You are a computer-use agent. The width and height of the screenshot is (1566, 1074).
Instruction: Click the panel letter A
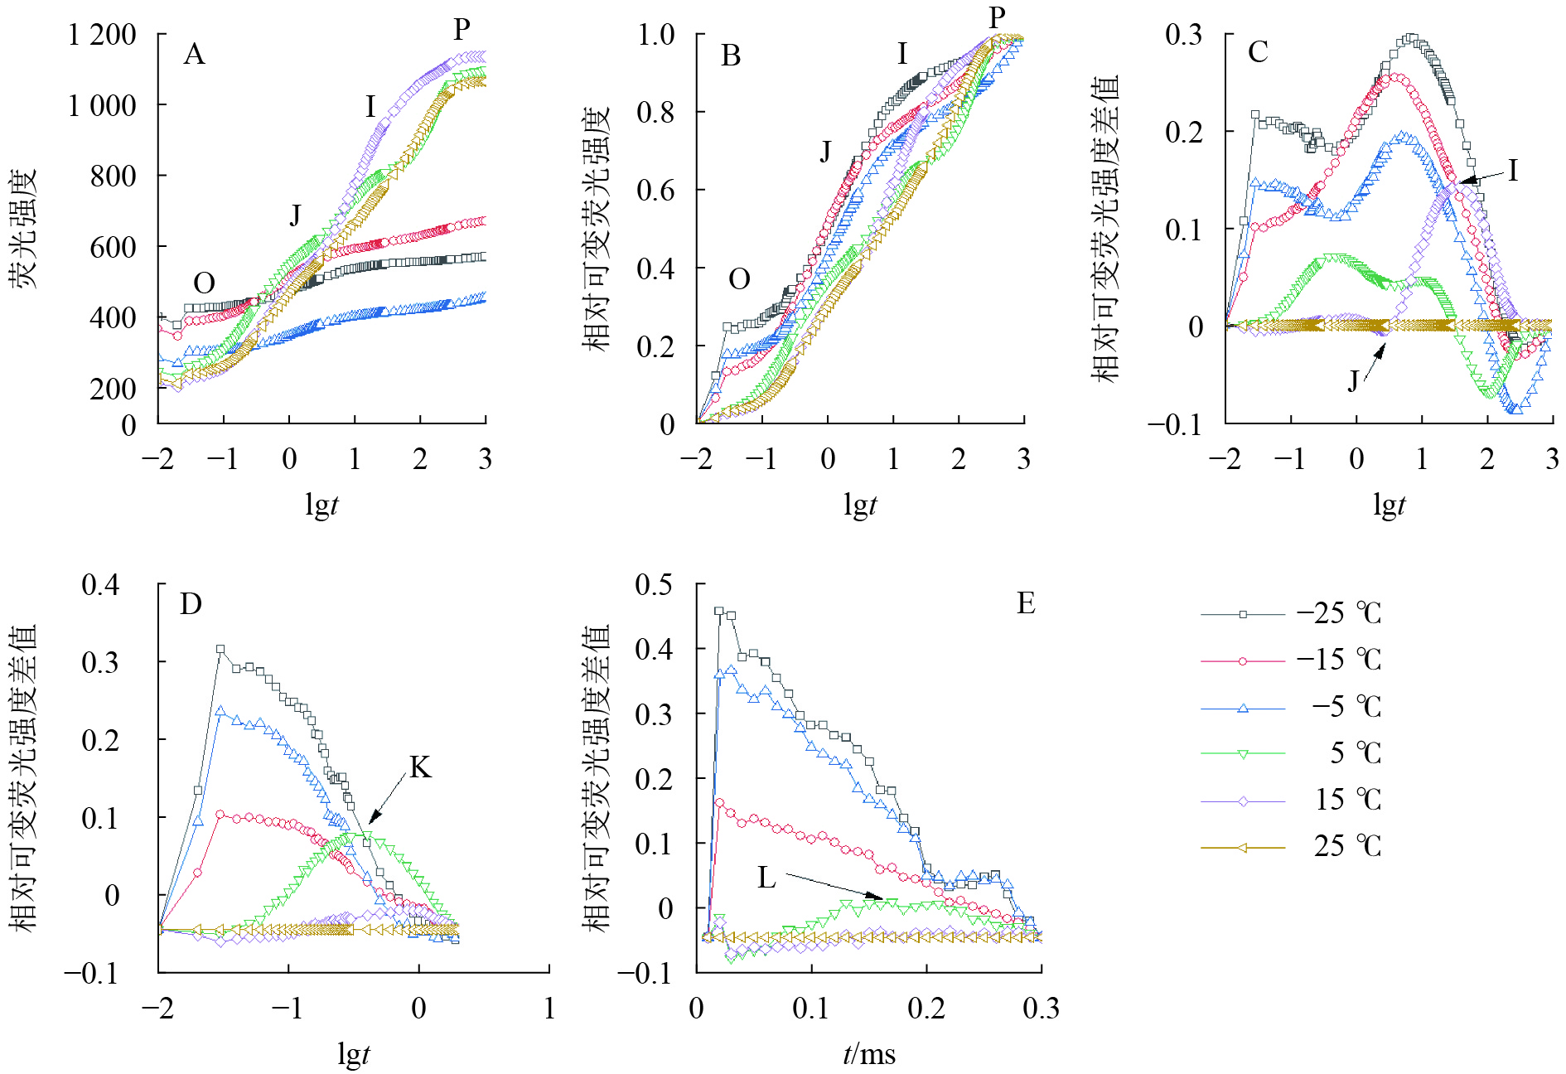(x=194, y=55)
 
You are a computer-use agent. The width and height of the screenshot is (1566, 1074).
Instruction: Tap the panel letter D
(x=191, y=604)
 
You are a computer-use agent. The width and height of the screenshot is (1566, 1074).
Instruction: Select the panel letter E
(x=1026, y=603)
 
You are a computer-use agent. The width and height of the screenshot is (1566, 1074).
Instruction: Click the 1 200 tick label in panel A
(x=102, y=35)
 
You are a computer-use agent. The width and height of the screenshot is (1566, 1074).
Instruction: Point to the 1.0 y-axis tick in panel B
(x=655, y=35)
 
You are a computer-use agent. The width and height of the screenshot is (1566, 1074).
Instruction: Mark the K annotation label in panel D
(x=420, y=768)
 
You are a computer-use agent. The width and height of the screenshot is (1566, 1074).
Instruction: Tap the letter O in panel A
(x=204, y=283)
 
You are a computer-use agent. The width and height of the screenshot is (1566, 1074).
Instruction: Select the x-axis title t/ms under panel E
(x=868, y=1054)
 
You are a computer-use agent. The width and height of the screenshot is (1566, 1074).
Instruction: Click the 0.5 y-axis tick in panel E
(x=654, y=585)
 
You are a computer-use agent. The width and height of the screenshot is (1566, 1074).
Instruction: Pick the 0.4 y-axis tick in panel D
(x=100, y=585)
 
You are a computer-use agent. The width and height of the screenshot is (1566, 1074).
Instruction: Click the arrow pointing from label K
(x=386, y=798)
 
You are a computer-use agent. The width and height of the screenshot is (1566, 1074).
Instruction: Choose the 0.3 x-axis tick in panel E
(x=1041, y=1008)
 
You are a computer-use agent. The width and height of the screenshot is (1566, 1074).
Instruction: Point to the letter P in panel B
(x=997, y=17)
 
